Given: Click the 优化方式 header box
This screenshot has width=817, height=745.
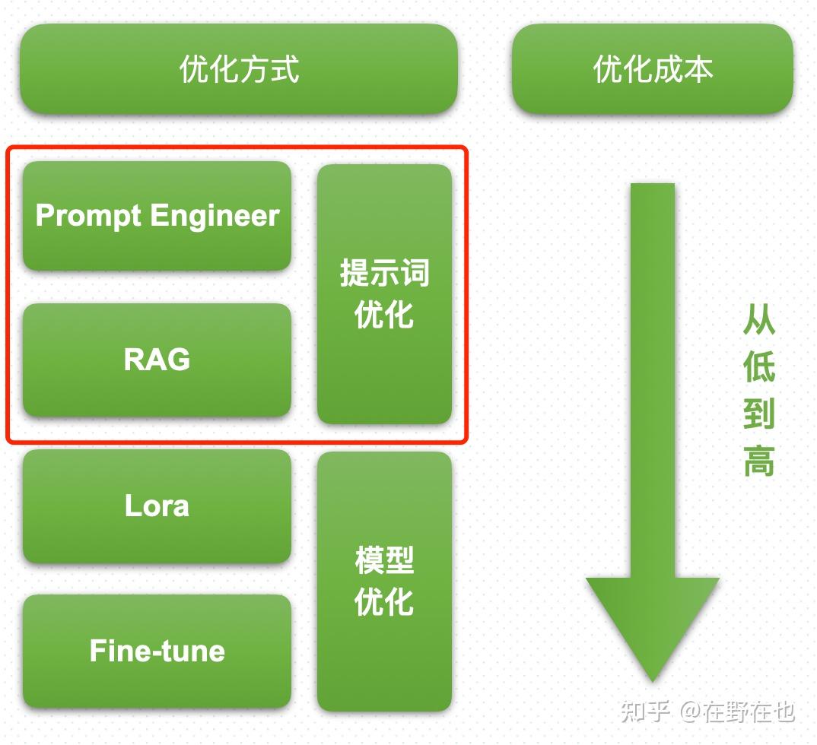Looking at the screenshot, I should [x=239, y=69].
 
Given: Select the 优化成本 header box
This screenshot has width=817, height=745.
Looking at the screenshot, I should [x=652, y=69].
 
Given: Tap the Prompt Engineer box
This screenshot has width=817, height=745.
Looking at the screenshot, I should [x=157, y=216].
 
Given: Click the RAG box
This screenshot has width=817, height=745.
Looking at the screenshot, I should [x=157, y=360].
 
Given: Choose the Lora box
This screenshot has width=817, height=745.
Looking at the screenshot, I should [x=157, y=506].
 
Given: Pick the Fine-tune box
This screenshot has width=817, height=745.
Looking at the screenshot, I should [x=157, y=651].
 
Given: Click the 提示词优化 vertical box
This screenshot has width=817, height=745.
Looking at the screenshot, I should [x=384, y=293].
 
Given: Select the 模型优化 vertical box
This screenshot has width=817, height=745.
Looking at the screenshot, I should [x=384, y=582].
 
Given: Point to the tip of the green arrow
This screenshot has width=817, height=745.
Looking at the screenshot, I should [x=652, y=678].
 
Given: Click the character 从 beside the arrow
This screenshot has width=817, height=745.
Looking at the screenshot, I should [x=758, y=321].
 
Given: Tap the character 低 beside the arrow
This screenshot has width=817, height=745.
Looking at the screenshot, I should [x=758, y=367].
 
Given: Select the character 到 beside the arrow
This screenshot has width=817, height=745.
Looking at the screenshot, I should [x=758, y=413].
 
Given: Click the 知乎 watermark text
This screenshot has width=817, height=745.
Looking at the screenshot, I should [x=645, y=711].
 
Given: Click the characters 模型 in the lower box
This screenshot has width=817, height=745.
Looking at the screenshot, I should [x=384, y=561].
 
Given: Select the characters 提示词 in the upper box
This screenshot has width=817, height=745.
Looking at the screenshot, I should [x=384, y=273].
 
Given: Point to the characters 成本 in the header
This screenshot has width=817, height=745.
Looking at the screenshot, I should [x=682, y=69].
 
